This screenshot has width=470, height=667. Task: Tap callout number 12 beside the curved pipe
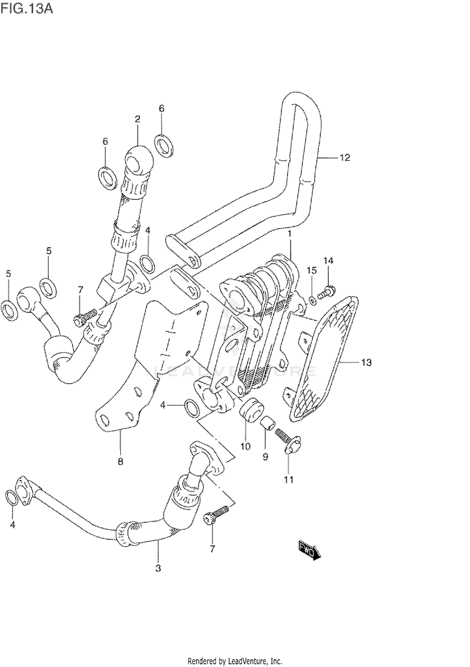[345, 158]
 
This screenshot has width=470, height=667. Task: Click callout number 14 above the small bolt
[328, 260]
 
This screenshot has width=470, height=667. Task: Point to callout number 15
[311, 270]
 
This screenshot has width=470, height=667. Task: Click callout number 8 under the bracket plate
[121, 461]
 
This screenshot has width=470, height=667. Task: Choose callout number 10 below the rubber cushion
[245, 446]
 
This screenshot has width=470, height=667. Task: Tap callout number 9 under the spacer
[265, 457]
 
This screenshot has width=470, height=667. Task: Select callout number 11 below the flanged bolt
[289, 480]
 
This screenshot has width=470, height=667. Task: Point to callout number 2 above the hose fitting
[137, 119]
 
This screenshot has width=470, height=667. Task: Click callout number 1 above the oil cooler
[290, 234]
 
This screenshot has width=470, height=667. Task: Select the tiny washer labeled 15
[312, 301]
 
